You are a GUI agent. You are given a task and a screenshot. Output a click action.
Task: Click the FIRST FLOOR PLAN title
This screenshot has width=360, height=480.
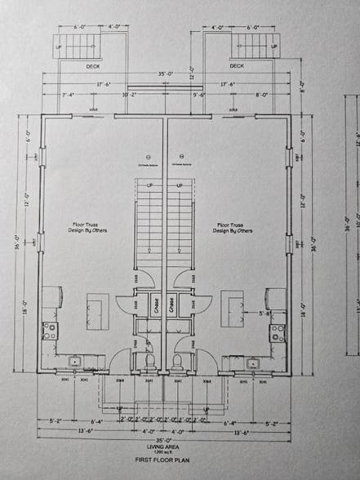tap(163, 461)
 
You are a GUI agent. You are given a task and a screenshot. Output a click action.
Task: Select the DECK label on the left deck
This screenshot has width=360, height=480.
tap(93, 66)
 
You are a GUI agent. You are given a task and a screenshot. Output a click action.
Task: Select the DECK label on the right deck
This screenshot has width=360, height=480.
tap(237, 66)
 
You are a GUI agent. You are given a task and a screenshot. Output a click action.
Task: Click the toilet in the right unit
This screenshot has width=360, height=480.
tap(176, 360)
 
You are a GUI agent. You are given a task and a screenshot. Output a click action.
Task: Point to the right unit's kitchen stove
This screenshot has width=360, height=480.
tap(278, 330)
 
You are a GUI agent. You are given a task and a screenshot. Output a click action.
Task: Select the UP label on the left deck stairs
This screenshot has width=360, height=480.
tap(58, 47)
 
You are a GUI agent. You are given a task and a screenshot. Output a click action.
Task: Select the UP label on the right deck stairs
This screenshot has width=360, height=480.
tap(272, 47)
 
